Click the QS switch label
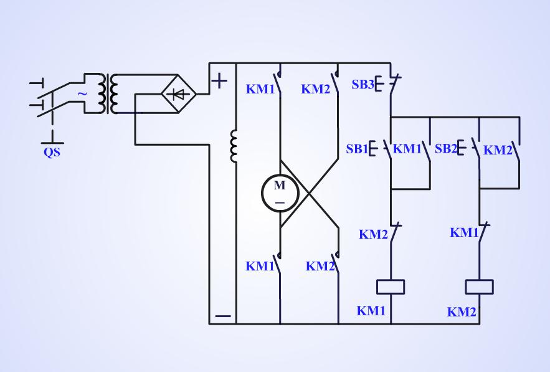tap(52, 151)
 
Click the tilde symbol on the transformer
tap(82, 94)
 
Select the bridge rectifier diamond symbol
tap(179, 94)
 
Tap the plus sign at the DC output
tap(220, 80)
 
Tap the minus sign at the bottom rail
tap(222, 316)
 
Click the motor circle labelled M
tap(280, 193)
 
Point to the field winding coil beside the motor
tap(234, 146)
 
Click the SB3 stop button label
tap(363, 84)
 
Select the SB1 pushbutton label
tap(357, 149)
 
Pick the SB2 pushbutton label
tap(446, 149)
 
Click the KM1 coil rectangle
tap(391, 287)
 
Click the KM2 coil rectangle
tap(480, 287)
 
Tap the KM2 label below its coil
tap(462, 312)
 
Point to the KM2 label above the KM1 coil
tap(373, 234)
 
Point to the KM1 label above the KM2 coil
tap(464, 233)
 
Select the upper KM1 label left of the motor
tap(260, 88)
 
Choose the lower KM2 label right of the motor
tap(320, 267)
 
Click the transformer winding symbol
tap(113, 94)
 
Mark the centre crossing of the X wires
tap(309, 193)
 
